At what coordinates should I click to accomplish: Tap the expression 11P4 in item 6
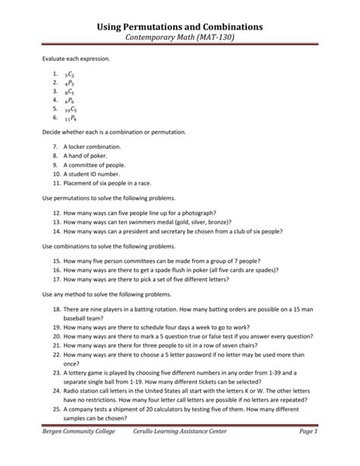pyautogui.click(x=71, y=119)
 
